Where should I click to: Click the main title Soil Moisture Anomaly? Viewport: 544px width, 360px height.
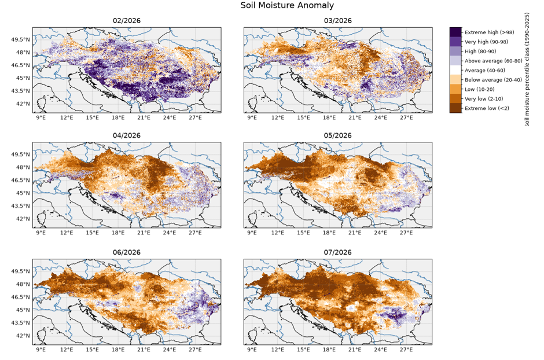[x=287, y=6]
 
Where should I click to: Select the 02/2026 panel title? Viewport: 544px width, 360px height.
[x=127, y=21]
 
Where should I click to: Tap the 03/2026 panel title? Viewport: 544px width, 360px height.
[x=337, y=21]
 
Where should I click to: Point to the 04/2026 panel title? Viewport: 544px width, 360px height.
[x=127, y=135]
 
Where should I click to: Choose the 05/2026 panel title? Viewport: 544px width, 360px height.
[x=337, y=135]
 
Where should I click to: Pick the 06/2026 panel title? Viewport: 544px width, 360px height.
[x=127, y=252]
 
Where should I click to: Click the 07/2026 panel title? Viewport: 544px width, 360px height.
[x=337, y=252]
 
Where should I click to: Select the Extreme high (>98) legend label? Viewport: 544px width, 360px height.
[x=489, y=32]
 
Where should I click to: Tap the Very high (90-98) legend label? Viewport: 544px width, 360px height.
[x=486, y=42]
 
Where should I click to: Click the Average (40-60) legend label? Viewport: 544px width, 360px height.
[x=485, y=71]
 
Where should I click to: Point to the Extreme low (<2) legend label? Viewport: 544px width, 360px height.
[x=487, y=108]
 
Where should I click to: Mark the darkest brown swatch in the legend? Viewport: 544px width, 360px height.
[x=455, y=108]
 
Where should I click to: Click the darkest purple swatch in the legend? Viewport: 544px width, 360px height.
[x=455, y=32]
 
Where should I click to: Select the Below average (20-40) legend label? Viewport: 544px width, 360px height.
[x=493, y=80]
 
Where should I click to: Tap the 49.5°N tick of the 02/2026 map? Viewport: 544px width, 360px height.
[x=21, y=39]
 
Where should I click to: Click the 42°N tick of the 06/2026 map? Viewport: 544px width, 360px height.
[x=23, y=336]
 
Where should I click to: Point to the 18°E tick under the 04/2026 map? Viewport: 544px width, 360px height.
[x=118, y=233]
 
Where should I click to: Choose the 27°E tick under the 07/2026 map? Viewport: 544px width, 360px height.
[x=406, y=350]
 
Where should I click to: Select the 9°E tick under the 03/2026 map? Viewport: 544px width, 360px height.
[x=252, y=117]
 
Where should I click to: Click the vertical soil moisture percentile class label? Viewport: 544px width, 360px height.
[x=527, y=69]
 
